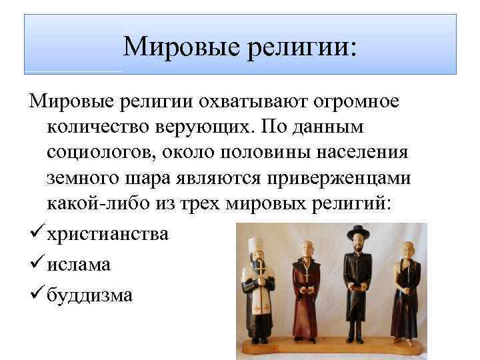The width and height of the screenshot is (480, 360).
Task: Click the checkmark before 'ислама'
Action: click(37, 263)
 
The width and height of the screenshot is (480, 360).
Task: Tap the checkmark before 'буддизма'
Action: click(37, 293)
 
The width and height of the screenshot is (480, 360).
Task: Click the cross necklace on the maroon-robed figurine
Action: click(305, 272)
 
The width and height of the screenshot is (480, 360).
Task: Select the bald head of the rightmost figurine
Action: click(406, 247)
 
